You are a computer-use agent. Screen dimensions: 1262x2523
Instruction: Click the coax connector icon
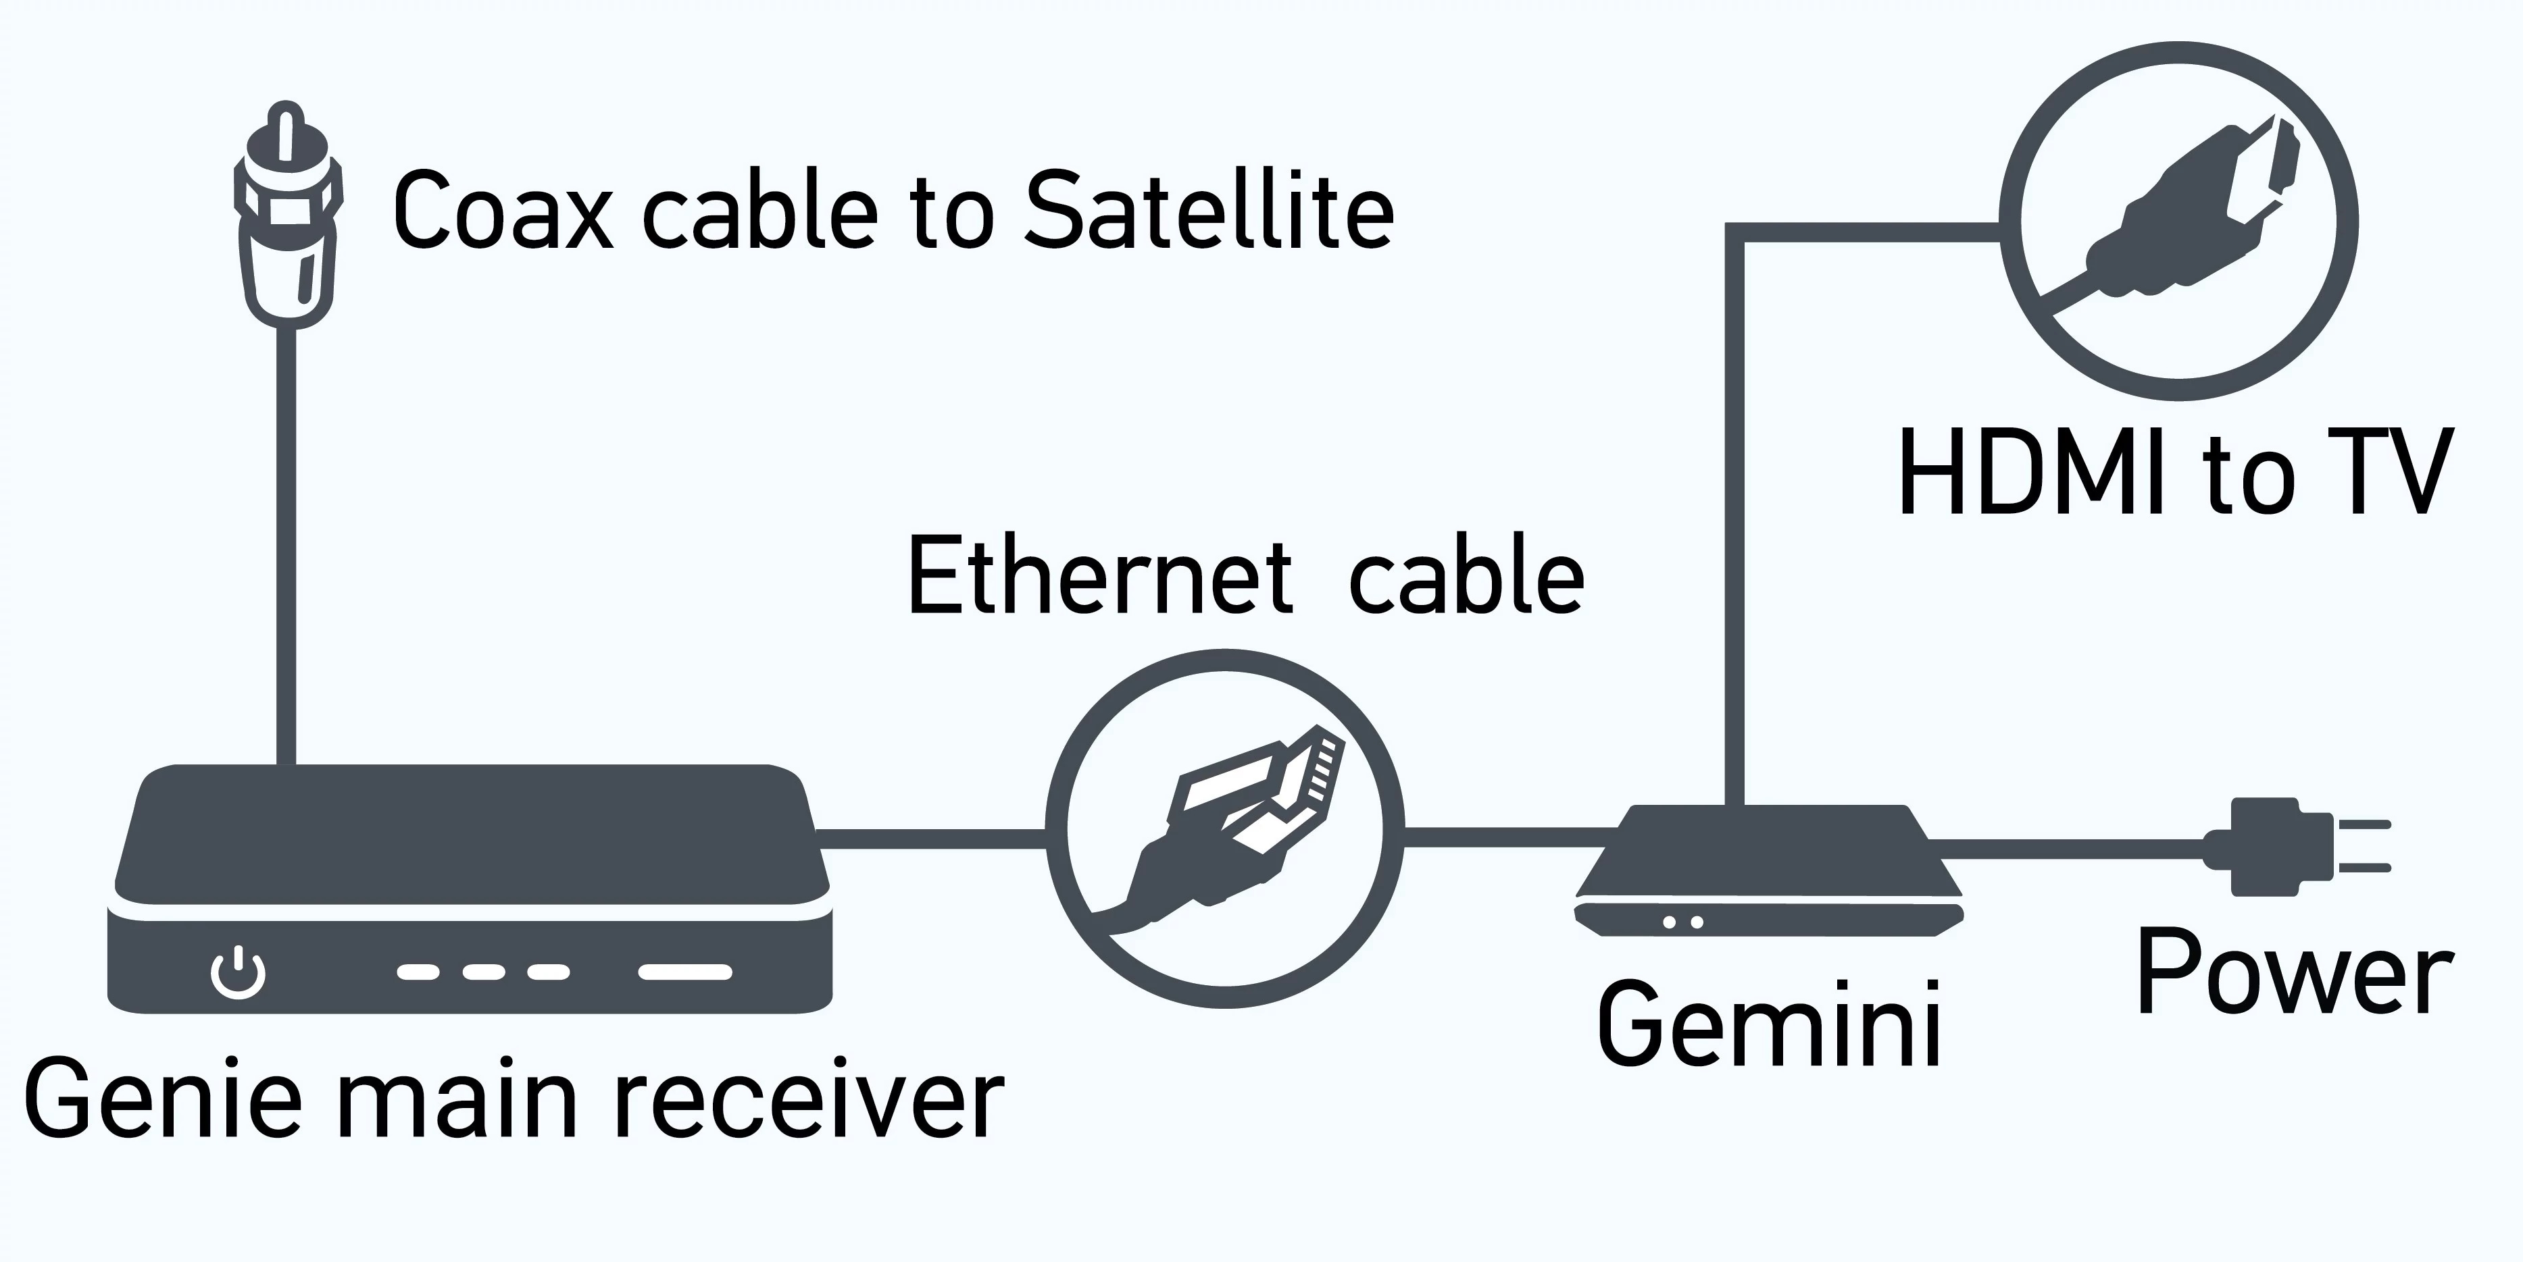click(x=287, y=215)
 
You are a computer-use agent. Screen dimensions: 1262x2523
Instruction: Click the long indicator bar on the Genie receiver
click(x=686, y=972)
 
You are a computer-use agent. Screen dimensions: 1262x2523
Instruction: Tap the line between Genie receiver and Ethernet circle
click(x=930, y=838)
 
